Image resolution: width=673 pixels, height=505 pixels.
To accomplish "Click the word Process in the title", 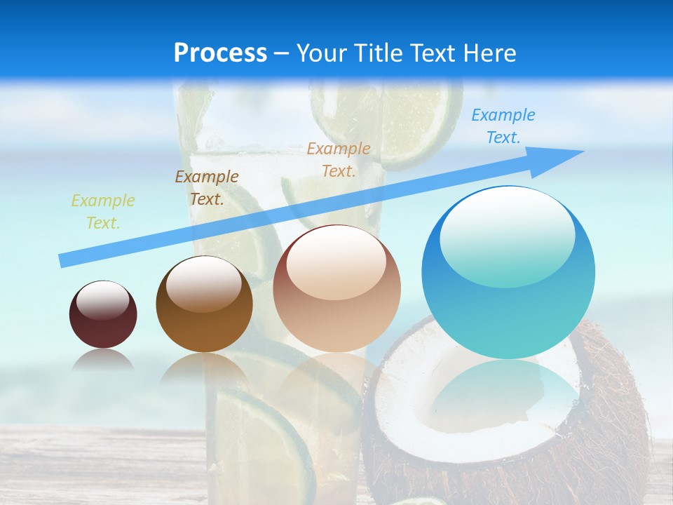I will [x=220, y=53].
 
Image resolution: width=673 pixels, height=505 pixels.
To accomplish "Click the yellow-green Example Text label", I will [x=103, y=212].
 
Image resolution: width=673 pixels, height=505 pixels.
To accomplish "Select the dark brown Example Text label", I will [x=207, y=188].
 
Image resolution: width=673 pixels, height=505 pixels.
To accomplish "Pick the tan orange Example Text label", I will [x=339, y=160].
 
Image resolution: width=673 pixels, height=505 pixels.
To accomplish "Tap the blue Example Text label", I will [x=503, y=126].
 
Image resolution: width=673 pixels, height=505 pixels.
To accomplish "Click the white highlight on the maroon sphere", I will [x=102, y=300].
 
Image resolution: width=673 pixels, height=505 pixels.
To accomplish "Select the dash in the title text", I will [x=282, y=54].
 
